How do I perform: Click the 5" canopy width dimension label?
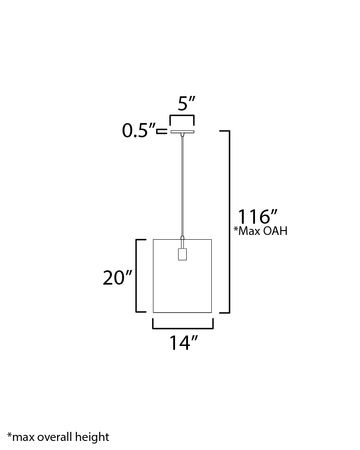coord(186,103)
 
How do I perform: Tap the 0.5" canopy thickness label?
coord(138,130)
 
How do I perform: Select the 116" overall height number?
coord(258,217)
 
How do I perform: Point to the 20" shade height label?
coord(117,278)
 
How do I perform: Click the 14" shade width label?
coord(183,342)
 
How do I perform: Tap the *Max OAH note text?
coord(260,231)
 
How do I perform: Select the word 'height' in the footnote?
coord(92,437)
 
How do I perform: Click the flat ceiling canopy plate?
coord(182,132)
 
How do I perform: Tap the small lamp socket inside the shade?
coord(182,254)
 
